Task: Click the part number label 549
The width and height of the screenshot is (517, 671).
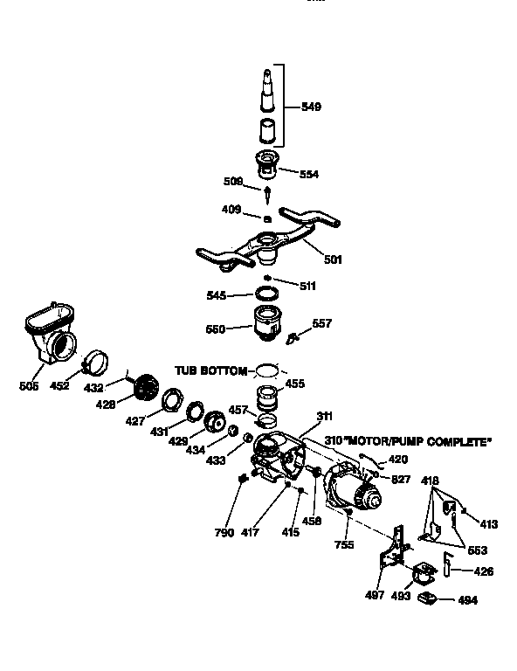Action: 311,107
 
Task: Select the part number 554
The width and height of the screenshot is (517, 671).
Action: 307,175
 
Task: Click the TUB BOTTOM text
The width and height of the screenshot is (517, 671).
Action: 211,370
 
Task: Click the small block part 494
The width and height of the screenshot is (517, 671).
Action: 427,598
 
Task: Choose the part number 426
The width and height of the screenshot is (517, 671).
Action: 483,571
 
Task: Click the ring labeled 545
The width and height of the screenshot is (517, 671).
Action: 267,294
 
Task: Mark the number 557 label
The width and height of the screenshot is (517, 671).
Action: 322,323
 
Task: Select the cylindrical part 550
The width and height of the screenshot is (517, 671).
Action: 269,325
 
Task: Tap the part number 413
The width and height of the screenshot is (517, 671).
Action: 487,524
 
